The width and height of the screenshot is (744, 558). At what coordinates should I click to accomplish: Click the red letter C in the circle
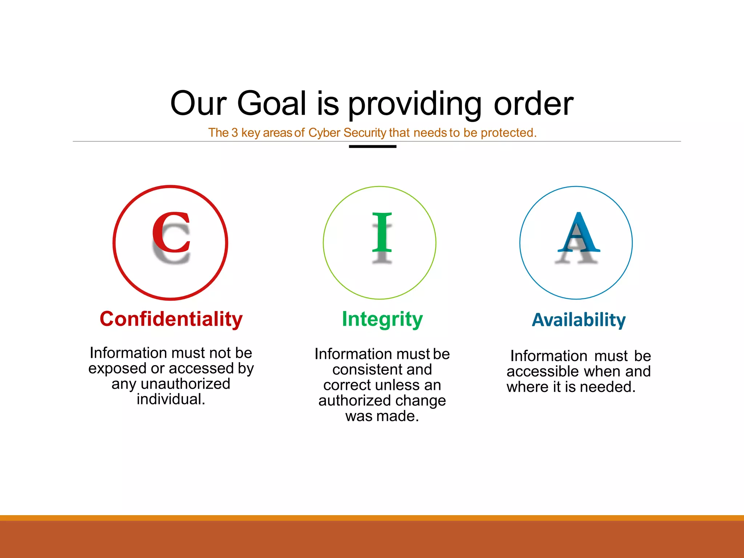(x=171, y=232)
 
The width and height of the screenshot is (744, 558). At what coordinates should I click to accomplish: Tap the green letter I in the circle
(x=382, y=232)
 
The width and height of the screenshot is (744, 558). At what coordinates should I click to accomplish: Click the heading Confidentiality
(x=171, y=319)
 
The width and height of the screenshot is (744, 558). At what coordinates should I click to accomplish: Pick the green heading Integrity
(x=382, y=319)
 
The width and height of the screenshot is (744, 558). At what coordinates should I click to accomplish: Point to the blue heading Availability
(x=579, y=320)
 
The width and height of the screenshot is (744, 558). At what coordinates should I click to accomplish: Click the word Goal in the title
(x=272, y=104)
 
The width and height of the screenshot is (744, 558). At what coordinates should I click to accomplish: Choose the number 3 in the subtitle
(x=235, y=133)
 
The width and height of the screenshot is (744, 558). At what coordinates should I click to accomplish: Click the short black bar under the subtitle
(x=372, y=147)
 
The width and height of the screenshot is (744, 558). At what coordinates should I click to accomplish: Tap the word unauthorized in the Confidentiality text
(x=185, y=384)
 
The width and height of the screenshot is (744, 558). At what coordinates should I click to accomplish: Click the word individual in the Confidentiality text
(x=169, y=399)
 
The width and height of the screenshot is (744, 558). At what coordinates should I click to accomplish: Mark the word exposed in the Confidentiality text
(x=118, y=369)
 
